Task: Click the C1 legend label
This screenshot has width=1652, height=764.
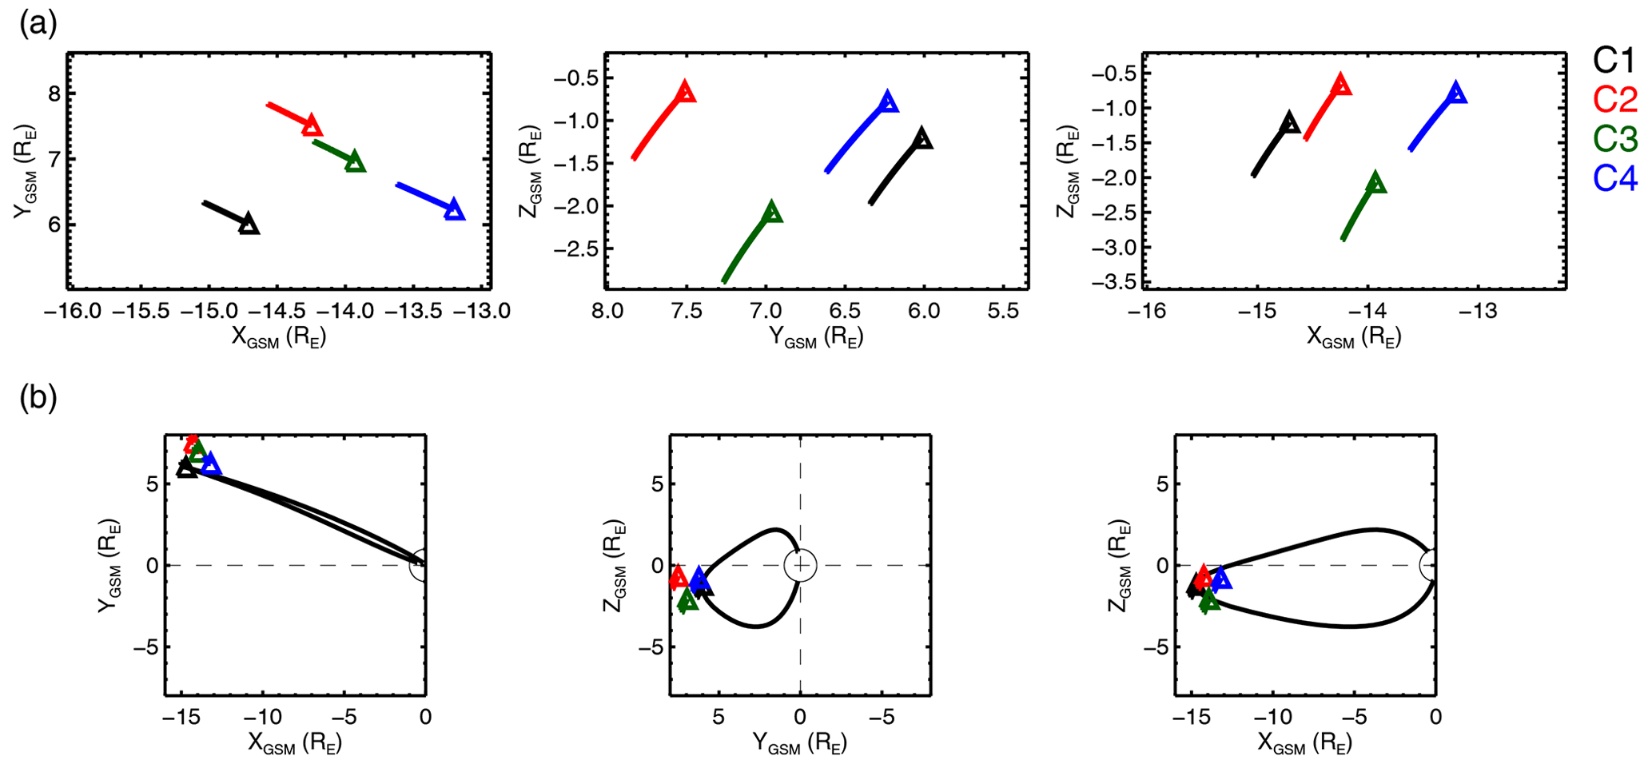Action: pos(1614,59)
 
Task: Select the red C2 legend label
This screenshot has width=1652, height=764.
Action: pos(1614,99)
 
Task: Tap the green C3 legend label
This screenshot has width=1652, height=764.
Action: pos(1614,139)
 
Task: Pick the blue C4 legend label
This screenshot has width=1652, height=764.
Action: pos(1614,178)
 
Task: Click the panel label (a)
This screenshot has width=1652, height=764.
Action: pos(38,25)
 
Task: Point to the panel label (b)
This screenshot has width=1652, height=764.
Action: pos(38,398)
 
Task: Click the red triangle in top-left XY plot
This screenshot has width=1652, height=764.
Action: pos(312,125)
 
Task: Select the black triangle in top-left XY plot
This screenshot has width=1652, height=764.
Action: pos(249,225)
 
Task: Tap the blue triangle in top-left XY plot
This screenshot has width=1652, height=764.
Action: pos(454,210)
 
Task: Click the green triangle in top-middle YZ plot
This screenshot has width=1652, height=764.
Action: pos(772,213)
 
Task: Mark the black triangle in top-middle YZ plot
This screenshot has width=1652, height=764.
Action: pos(922,138)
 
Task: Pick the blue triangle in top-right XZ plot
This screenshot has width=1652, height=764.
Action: pos(1456,93)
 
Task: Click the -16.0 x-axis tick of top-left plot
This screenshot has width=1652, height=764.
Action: pos(73,311)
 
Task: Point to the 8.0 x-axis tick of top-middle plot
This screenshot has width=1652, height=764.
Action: pos(607,311)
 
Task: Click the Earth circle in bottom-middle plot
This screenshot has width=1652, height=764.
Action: pos(800,566)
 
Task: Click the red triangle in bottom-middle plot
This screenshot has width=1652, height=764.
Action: pos(678,577)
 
